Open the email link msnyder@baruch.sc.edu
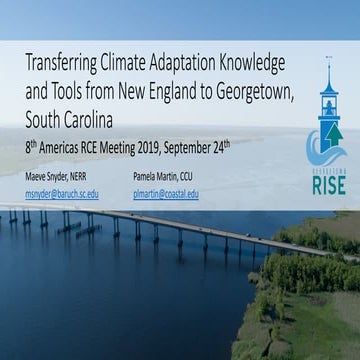click(x=63, y=194)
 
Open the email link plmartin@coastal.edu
click(x=166, y=194)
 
